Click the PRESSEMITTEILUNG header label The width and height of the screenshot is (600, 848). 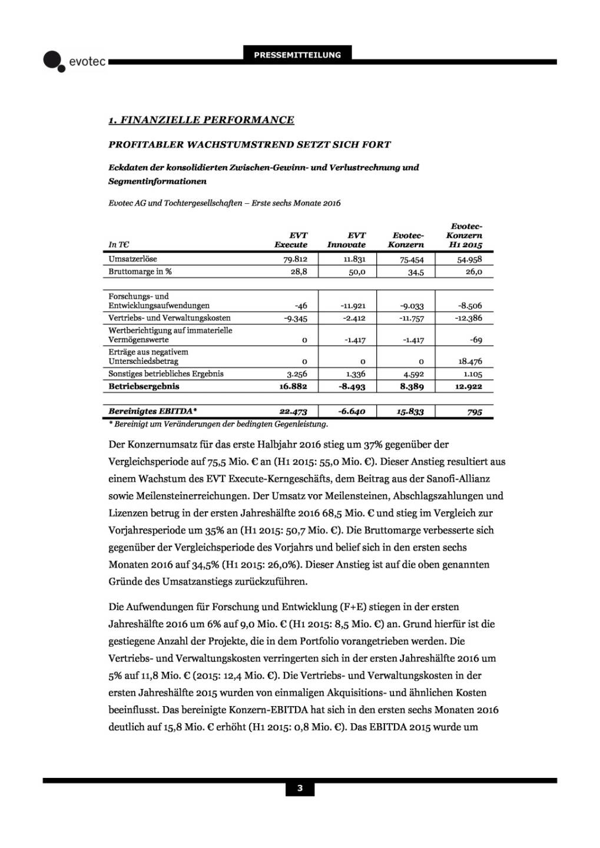[297, 55]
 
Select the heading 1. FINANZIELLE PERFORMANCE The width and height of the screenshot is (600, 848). [201, 120]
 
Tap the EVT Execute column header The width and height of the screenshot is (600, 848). [291, 240]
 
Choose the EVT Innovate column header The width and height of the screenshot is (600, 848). [346, 240]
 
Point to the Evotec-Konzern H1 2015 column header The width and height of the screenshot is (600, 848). [465, 236]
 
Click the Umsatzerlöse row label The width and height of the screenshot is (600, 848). [132, 259]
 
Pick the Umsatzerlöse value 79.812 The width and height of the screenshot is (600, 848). [295, 259]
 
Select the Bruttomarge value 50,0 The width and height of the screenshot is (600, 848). [357, 272]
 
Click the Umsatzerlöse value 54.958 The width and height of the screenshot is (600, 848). [469, 259]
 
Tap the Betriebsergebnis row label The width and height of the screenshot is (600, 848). [144, 387]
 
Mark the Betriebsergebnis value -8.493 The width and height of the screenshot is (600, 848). [353, 387]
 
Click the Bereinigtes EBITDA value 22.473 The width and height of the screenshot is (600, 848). [293, 412]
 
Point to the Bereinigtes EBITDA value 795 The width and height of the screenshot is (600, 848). [475, 412]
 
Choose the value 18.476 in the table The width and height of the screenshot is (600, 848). [470, 362]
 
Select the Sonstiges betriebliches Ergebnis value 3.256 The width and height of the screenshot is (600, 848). [297, 374]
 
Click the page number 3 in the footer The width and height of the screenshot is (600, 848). [300, 789]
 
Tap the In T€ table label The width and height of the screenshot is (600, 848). [119, 245]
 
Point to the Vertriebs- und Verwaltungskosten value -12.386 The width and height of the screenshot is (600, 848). [469, 318]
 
